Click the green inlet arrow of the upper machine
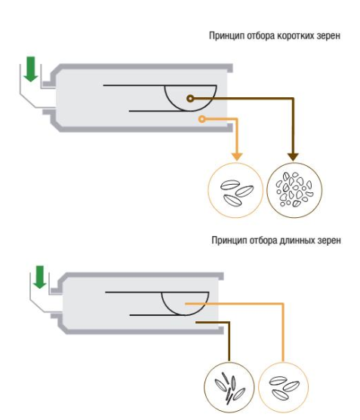pos(31,69)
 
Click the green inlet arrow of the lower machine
pos(40,277)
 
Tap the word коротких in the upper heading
pos(296,35)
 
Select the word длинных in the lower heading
pos(297,241)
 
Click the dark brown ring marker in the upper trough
pos(190,99)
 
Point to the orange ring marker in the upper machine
pos(202,119)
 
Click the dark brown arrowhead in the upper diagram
pos(293,157)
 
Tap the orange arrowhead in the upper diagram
pos(237,157)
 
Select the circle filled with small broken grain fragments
pos(294,190)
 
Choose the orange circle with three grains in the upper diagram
pos(235,190)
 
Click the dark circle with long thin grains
pos(229,388)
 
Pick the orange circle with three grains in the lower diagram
pos(283,388)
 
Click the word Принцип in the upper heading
pos(226,35)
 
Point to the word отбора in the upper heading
pos(260,35)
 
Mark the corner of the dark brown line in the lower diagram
pos(229,323)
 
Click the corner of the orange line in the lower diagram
pos(283,304)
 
